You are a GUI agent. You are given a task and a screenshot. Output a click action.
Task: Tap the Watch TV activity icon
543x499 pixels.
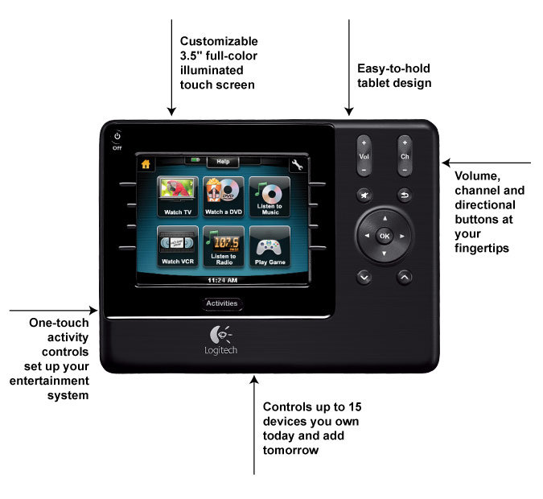[178, 196]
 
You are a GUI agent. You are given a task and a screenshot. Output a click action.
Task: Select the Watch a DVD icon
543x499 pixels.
[224, 196]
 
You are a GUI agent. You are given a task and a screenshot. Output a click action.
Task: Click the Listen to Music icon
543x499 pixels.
[269, 196]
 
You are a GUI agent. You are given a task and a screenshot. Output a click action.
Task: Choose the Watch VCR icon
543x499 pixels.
[178, 246]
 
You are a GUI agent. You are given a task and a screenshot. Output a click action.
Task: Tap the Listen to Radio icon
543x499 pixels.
[224, 246]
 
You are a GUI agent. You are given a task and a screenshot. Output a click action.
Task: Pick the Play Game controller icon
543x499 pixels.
[269, 246]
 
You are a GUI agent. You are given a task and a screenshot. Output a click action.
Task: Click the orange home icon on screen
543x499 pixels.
[146, 164]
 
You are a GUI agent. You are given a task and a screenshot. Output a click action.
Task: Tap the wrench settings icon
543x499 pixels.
[297, 165]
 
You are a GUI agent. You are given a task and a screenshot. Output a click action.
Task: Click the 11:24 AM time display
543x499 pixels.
[222, 280]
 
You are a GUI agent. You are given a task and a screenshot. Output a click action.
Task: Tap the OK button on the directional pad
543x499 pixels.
[385, 236]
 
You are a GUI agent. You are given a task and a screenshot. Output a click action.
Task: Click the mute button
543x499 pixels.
[364, 195]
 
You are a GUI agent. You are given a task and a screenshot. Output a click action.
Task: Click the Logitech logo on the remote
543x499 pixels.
[221, 340]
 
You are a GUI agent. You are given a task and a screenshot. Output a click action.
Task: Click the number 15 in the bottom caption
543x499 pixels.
[355, 406]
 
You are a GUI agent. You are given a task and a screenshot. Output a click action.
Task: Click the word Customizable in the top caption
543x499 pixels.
[219, 41]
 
